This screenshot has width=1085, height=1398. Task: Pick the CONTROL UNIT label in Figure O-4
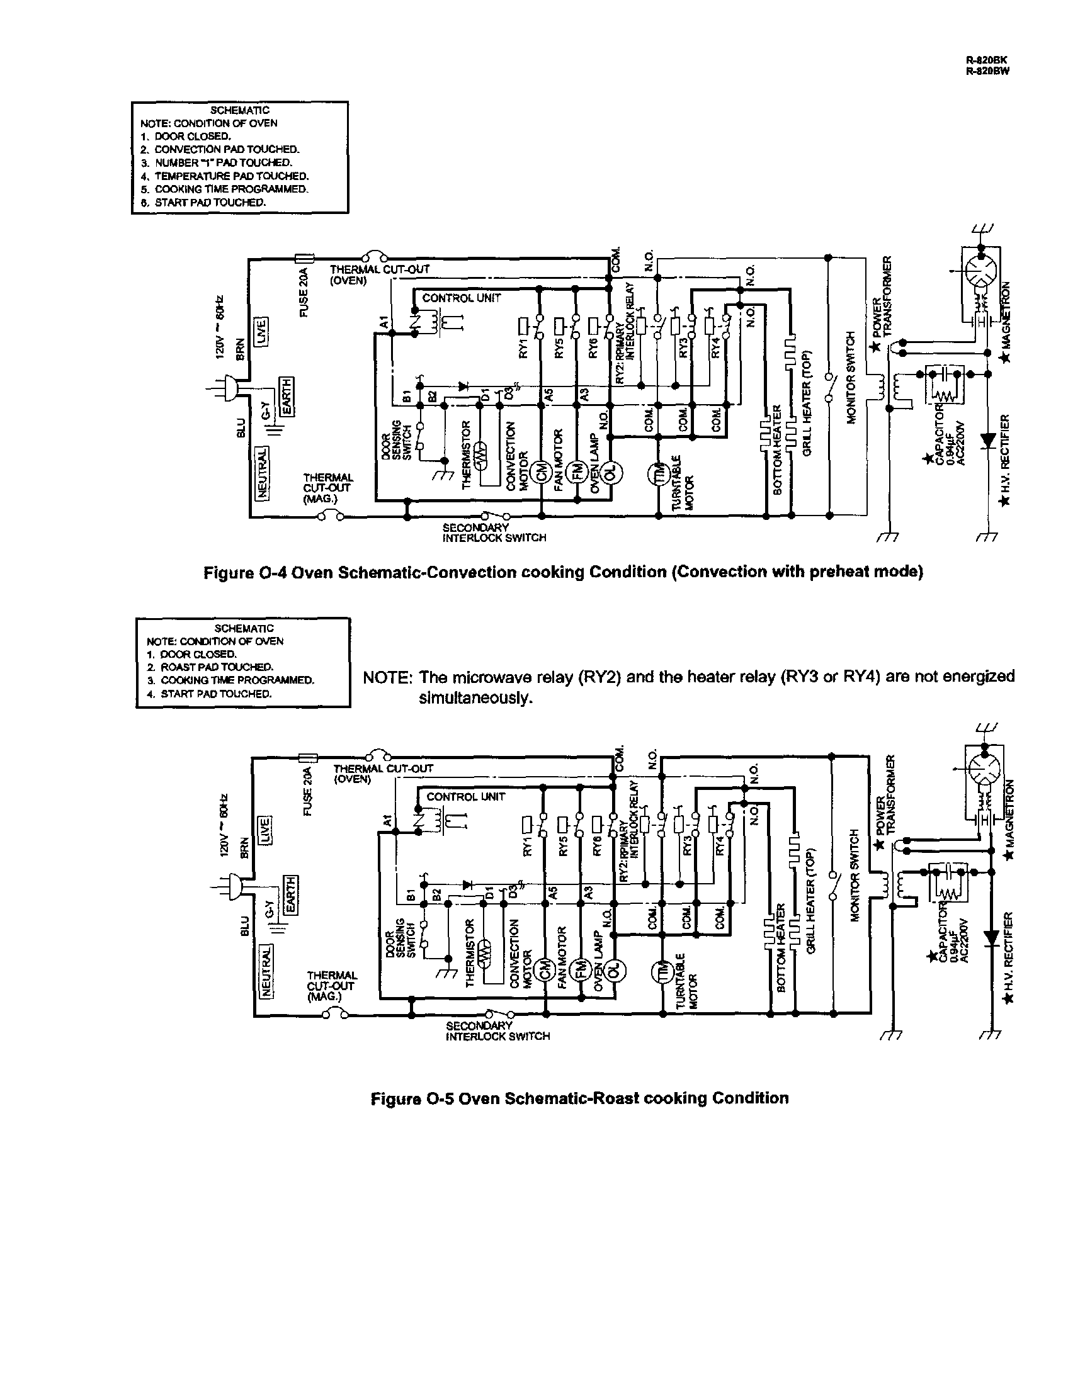[461, 298]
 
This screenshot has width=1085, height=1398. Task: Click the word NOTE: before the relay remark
[387, 677]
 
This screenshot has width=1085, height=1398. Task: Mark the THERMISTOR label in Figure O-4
[466, 454]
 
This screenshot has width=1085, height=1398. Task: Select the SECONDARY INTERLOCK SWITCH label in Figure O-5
[497, 1030]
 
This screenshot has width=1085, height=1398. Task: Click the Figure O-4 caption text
[563, 572]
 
